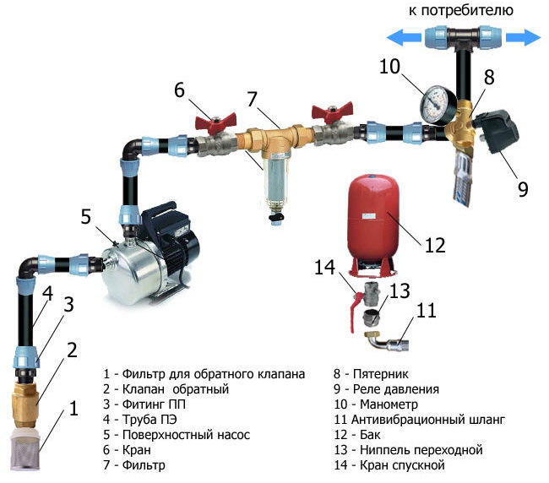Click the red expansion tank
[374, 218]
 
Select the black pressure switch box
[496, 135]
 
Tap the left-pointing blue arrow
[397, 37]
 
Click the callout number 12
[434, 245]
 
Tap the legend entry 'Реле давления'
[396, 388]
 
